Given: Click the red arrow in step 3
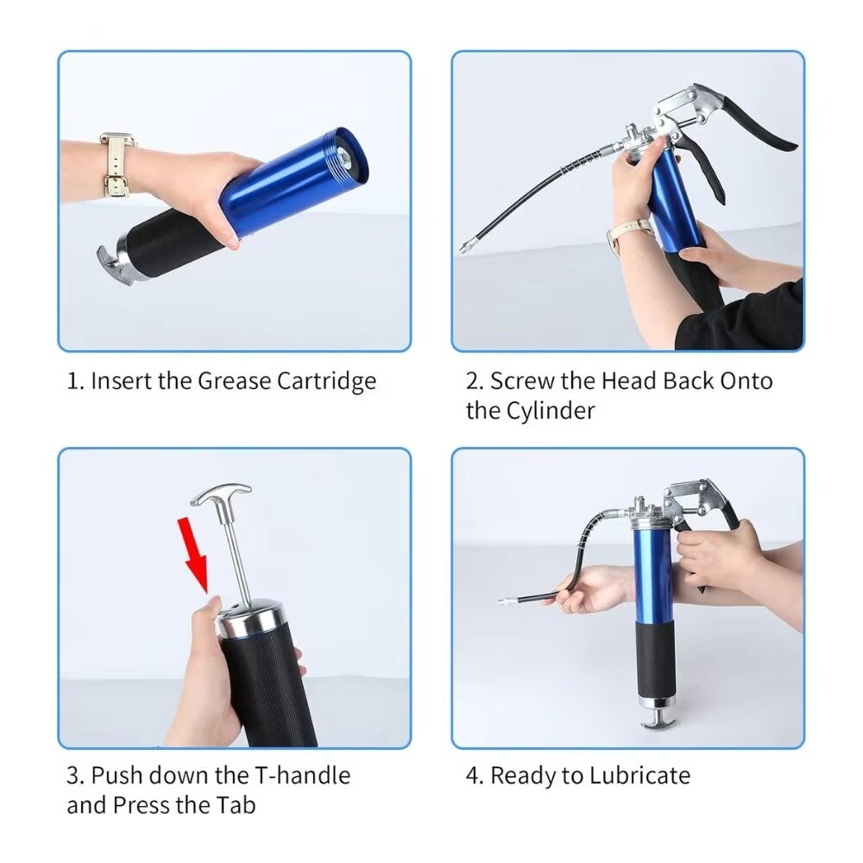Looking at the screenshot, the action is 193,555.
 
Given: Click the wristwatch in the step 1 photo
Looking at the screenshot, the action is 117,165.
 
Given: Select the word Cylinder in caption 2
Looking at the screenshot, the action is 551,412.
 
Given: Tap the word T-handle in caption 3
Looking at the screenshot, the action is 302,776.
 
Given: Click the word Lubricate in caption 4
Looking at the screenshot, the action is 639,776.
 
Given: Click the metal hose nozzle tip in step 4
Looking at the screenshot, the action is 508,602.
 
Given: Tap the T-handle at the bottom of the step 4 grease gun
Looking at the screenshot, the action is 657,721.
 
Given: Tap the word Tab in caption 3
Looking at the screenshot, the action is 238,805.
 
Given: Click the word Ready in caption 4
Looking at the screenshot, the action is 523,777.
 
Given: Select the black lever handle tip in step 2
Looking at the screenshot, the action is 787,144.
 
